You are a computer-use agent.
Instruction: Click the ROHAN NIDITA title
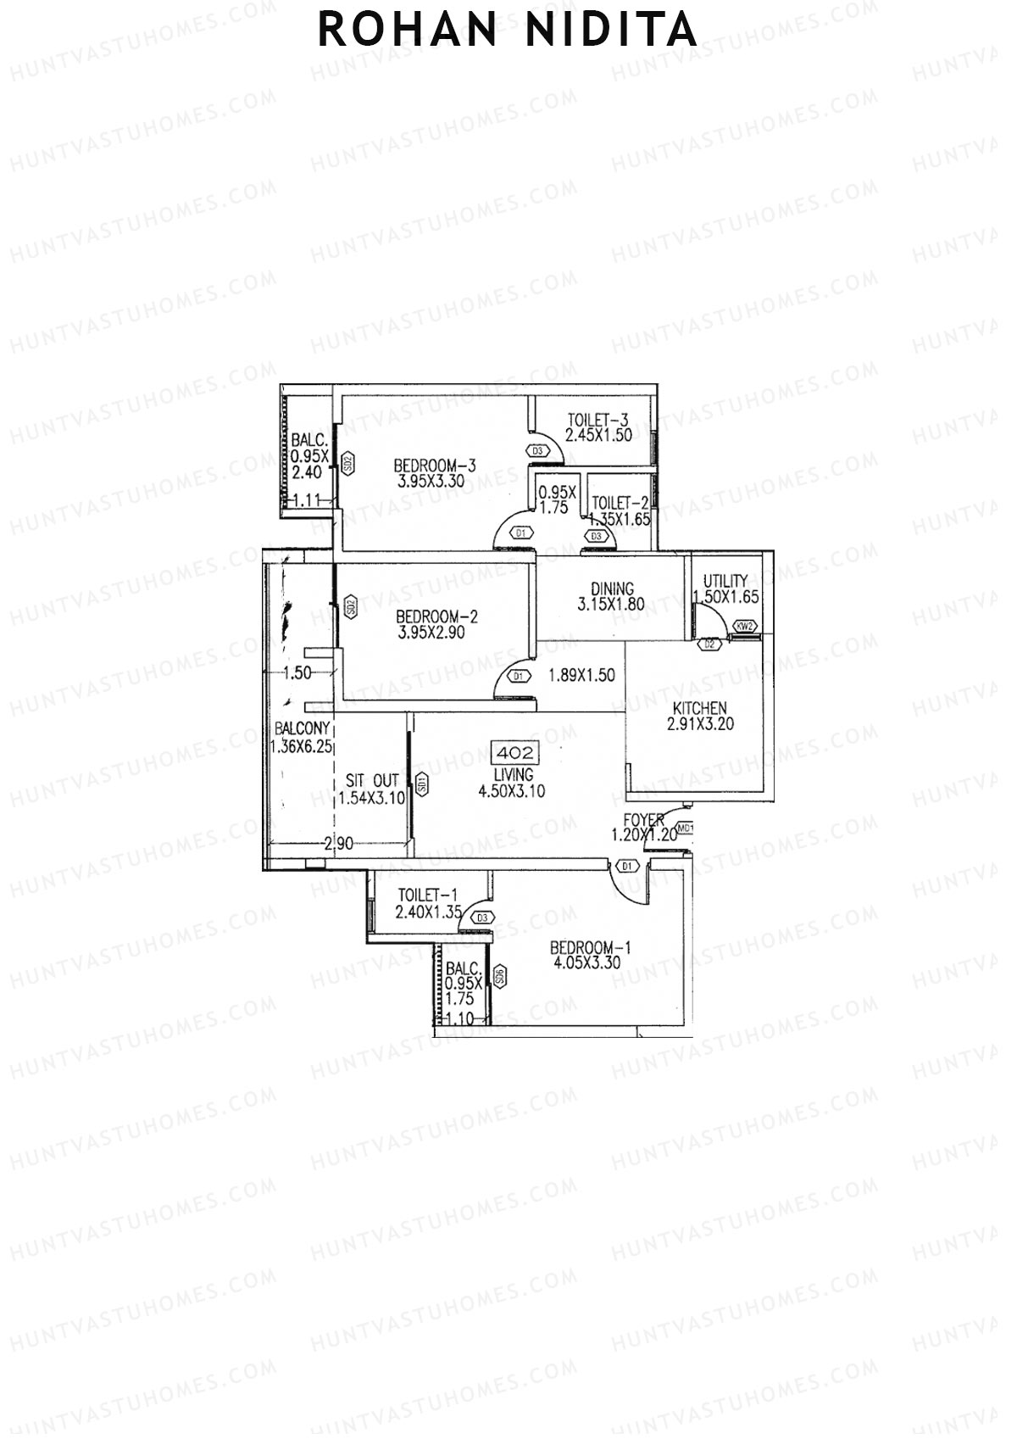(x=508, y=31)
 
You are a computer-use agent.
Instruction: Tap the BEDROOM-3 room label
(x=436, y=466)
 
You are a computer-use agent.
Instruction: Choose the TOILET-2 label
(x=620, y=503)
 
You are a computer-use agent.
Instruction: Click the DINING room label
(x=612, y=588)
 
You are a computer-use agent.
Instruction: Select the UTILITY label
(x=725, y=581)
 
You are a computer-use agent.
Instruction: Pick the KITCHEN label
(x=699, y=708)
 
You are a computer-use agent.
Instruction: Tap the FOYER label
(x=643, y=820)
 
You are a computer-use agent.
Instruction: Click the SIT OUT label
(x=372, y=781)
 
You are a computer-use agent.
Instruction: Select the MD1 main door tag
(x=686, y=828)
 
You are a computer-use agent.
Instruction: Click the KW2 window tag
(x=745, y=627)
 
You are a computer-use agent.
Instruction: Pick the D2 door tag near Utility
(x=709, y=645)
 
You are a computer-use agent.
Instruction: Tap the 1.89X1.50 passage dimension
(x=581, y=676)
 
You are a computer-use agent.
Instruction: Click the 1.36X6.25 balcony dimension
(x=301, y=747)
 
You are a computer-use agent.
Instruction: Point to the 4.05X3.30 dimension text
(x=586, y=963)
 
